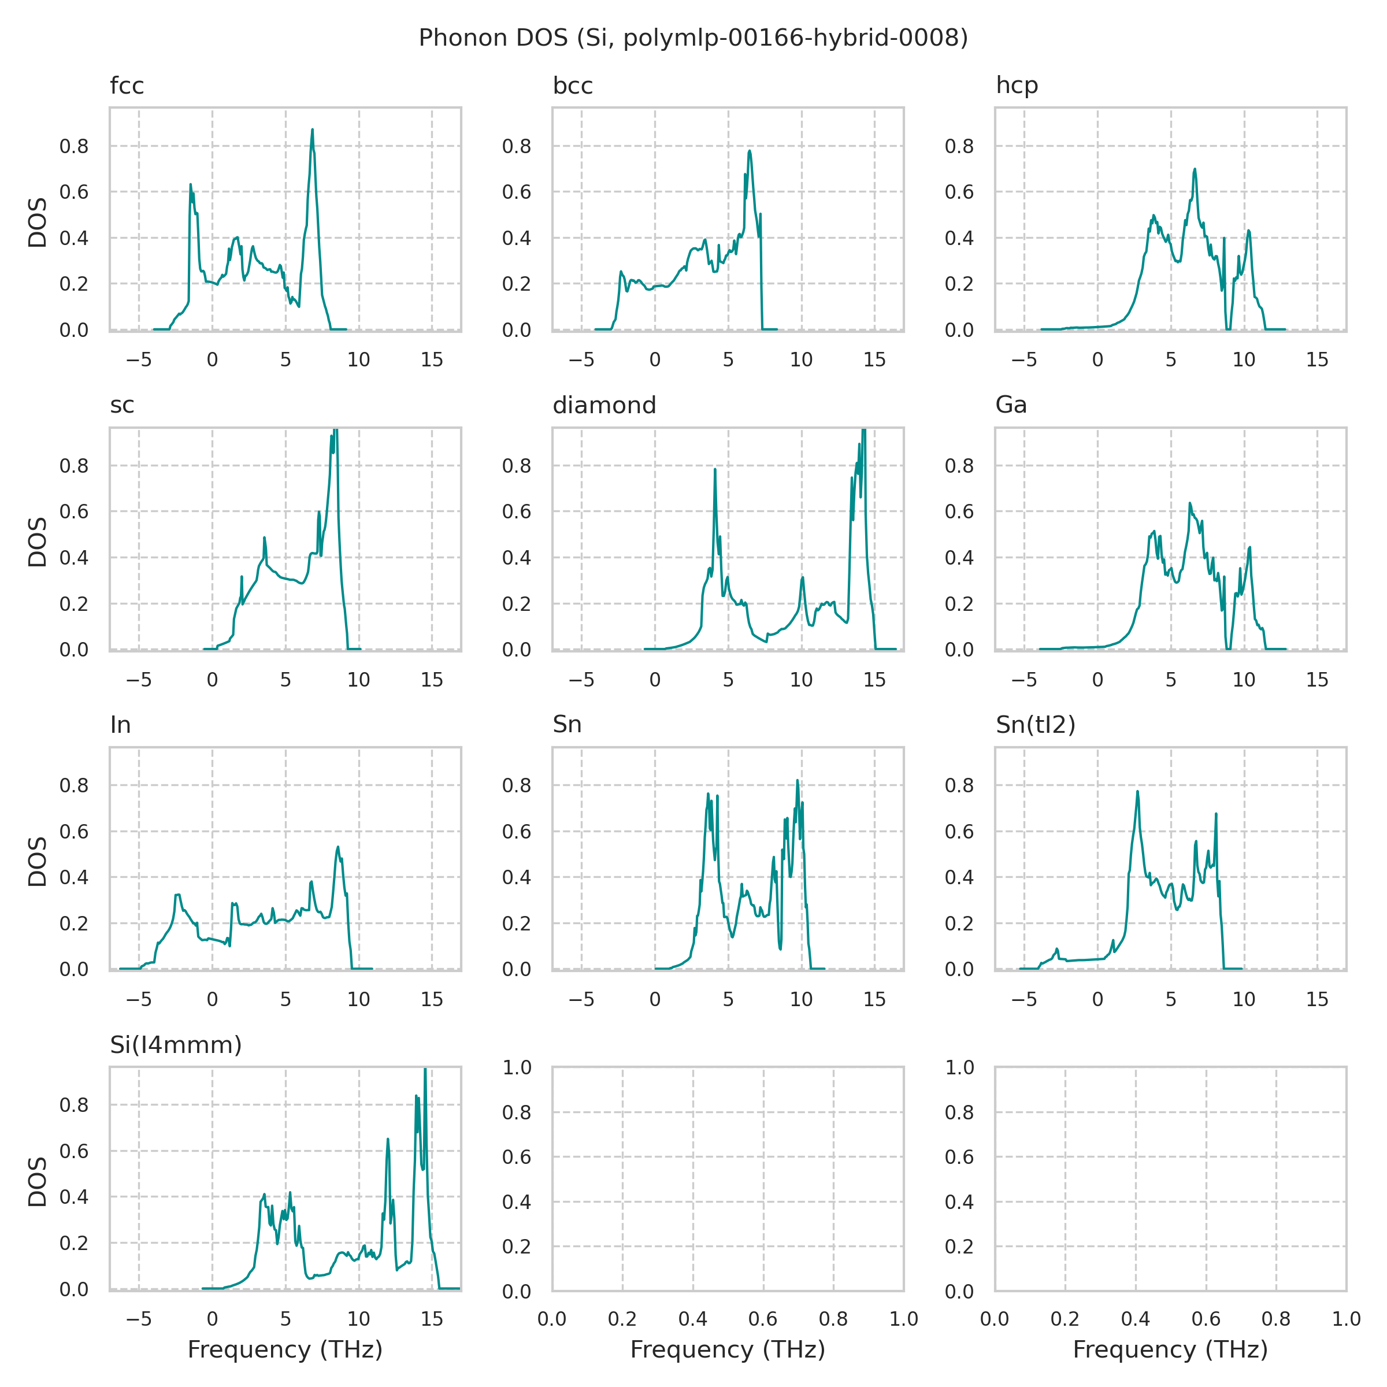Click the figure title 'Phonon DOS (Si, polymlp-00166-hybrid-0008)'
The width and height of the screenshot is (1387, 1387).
(693, 38)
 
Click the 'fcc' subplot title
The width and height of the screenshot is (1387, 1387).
(127, 86)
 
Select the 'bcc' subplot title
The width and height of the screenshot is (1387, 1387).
(572, 86)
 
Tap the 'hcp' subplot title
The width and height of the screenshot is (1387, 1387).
(1017, 86)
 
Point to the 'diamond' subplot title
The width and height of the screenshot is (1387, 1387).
(604, 406)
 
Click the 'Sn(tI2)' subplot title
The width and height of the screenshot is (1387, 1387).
(1035, 725)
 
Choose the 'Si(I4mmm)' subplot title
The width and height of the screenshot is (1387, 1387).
(176, 1044)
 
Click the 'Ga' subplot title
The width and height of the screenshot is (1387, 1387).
(1011, 406)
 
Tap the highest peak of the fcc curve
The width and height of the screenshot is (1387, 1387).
(312, 130)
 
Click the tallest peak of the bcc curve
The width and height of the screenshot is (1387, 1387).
(750, 151)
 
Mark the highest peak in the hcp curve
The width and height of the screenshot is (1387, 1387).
(1195, 169)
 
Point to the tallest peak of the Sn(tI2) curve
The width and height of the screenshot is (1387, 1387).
(1138, 792)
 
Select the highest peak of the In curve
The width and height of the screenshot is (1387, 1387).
(338, 847)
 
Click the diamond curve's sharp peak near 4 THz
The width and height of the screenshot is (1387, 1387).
(715, 469)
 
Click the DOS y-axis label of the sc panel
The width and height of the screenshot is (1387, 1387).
(38, 542)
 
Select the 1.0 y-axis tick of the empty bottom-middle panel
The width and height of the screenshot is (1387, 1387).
(517, 1067)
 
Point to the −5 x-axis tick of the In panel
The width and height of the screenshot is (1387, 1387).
(139, 999)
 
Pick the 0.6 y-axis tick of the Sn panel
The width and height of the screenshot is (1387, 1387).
(517, 832)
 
